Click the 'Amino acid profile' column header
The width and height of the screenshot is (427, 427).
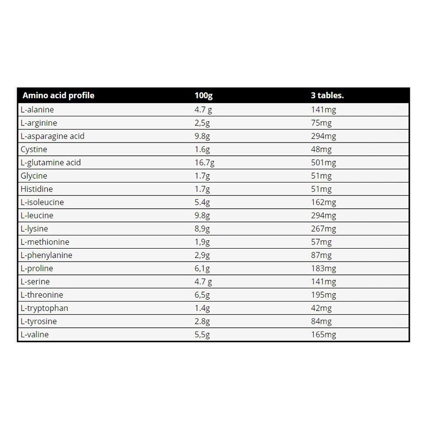coord(58,96)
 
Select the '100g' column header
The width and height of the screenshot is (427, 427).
coord(204,96)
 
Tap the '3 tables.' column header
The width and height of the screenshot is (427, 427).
coord(327,96)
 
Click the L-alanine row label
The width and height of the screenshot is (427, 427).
coord(37,110)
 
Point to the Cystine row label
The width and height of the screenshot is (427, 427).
coord(35,149)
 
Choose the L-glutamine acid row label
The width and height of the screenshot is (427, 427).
coord(51,163)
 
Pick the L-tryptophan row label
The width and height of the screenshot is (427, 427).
coord(44,308)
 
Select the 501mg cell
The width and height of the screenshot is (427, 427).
coord(323,163)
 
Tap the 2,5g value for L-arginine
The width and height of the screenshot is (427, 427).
coord(203,123)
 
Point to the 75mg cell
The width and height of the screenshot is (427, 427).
coord(321,123)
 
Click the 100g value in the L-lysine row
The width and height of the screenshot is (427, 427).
coord(203,229)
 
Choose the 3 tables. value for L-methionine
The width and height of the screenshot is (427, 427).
coord(321,242)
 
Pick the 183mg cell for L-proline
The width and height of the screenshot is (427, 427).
coord(323,268)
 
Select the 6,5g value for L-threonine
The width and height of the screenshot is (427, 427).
coord(203,295)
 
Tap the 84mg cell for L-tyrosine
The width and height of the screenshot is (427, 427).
coord(321,321)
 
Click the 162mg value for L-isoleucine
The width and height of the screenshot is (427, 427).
coord(323,202)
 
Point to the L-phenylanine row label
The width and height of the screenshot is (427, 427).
coord(46,255)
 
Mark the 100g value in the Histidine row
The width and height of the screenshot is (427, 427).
coord(203,189)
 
